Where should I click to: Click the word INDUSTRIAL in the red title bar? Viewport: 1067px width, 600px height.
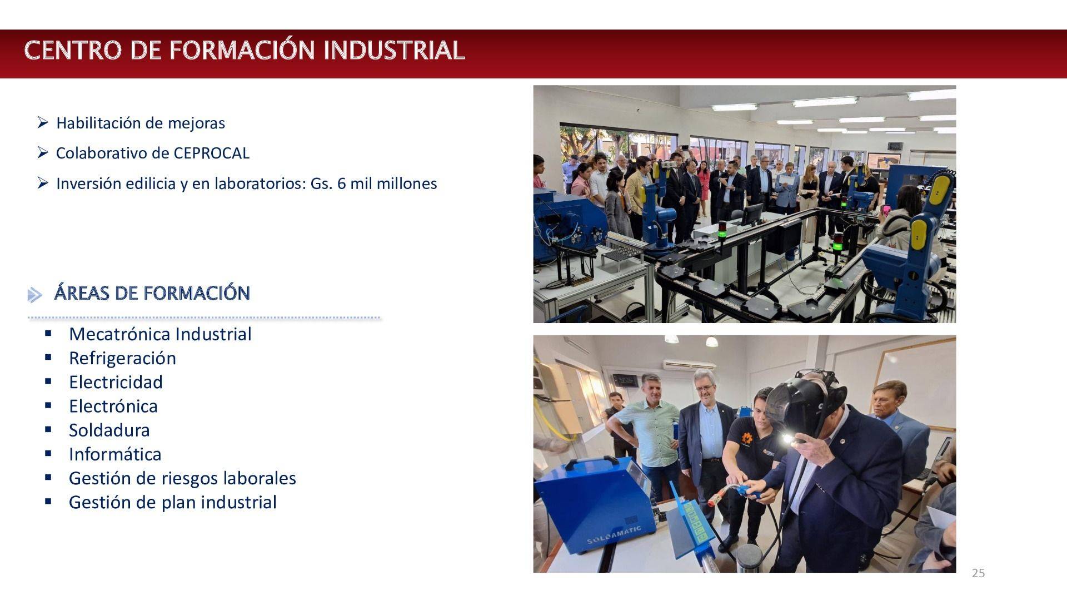(x=394, y=50)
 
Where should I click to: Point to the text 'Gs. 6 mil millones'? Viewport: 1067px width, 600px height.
(x=374, y=184)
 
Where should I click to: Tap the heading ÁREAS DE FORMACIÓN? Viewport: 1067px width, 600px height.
(x=152, y=293)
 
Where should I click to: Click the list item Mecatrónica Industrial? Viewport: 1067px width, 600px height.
(x=160, y=334)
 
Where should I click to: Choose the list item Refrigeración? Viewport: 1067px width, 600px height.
(x=122, y=358)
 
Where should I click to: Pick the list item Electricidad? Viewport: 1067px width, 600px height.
(x=116, y=382)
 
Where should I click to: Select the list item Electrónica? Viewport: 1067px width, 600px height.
(x=113, y=406)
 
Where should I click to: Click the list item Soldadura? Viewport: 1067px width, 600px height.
(x=109, y=430)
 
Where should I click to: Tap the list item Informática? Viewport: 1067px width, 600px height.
(x=115, y=454)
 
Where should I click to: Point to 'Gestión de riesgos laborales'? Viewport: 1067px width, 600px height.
(x=182, y=478)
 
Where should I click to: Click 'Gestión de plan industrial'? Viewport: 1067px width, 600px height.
(x=173, y=502)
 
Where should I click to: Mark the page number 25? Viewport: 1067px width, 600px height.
(x=978, y=573)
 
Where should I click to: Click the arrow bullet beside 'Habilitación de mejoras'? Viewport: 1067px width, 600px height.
(x=43, y=122)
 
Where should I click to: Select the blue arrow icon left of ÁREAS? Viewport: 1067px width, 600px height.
(x=34, y=295)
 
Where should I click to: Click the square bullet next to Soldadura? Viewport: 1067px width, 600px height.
(x=48, y=429)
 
